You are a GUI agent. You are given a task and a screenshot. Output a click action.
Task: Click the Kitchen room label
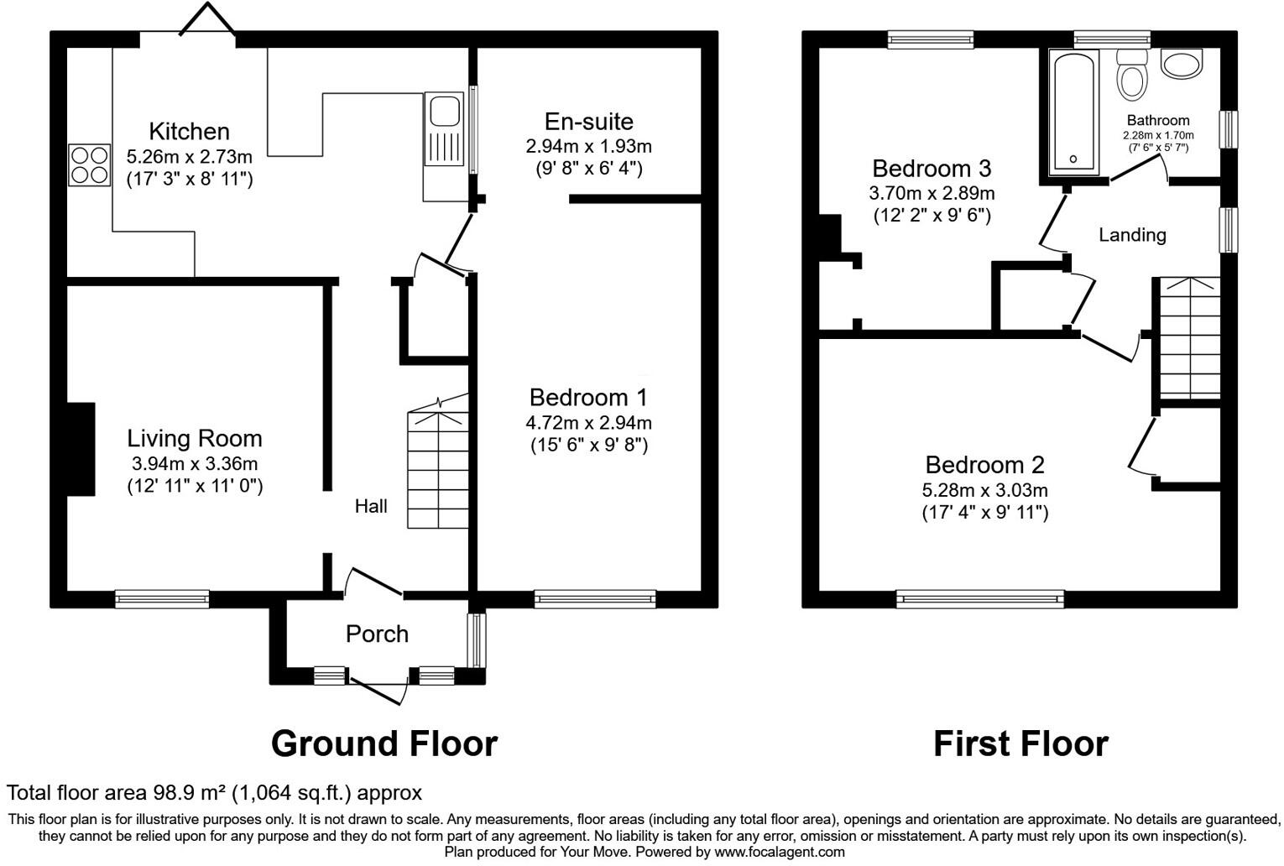click(x=189, y=132)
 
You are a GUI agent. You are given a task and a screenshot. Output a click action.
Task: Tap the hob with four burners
click(x=90, y=164)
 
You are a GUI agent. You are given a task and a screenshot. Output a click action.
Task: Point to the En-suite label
click(x=588, y=122)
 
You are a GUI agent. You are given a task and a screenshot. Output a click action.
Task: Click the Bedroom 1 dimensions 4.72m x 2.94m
click(x=588, y=422)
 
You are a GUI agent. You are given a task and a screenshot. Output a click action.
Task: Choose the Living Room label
click(x=194, y=438)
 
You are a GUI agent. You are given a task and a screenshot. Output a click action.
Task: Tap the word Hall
click(x=371, y=506)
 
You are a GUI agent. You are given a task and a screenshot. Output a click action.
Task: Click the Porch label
click(x=377, y=634)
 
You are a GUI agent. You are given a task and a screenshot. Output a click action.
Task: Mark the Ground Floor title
click(x=384, y=743)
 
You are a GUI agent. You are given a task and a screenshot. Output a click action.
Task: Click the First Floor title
click(x=1020, y=743)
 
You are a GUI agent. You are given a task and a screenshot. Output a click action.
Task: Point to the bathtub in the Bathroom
click(x=1073, y=112)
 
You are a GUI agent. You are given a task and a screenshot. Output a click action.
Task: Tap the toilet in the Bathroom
click(x=1131, y=76)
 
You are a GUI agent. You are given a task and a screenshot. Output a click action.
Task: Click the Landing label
click(x=1132, y=235)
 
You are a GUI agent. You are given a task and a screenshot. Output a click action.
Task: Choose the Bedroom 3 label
click(x=932, y=169)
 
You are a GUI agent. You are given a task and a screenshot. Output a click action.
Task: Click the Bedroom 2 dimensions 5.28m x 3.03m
click(x=984, y=490)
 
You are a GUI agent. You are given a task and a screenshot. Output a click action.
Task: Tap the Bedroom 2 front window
click(x=979, y=598)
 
